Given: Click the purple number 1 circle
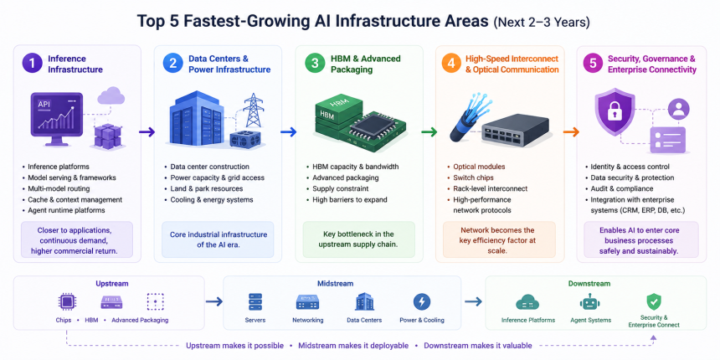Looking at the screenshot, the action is coord(32,64).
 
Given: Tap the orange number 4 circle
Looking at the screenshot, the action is coord(452,64).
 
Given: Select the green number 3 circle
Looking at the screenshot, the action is coord(315,64).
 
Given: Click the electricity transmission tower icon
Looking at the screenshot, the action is coord(253,111).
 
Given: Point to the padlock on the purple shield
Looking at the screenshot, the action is coord(615,111).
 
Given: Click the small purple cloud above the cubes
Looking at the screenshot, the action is coord(111,96).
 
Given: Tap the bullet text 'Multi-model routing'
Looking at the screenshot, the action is coord(59,188).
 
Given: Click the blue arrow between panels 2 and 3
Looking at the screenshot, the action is coord(288,132).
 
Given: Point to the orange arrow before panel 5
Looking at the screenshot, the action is coord(571,132).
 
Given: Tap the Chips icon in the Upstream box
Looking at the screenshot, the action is coord(67,302).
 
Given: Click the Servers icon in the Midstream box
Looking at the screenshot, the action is coord(255,302).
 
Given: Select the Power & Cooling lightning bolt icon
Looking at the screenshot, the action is coord(421,302).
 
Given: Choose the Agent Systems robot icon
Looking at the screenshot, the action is coord(590,302).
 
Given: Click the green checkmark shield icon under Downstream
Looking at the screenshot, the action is coord(654,302).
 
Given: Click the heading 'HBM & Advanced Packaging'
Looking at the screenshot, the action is coord(366,64).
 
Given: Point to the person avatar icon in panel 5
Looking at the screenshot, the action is coord(678,110).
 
